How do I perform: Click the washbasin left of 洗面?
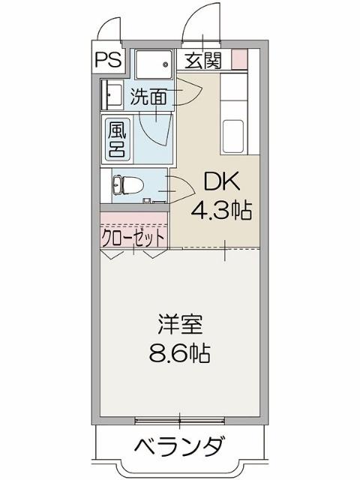pos(112,94)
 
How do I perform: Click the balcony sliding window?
pos(179,417)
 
